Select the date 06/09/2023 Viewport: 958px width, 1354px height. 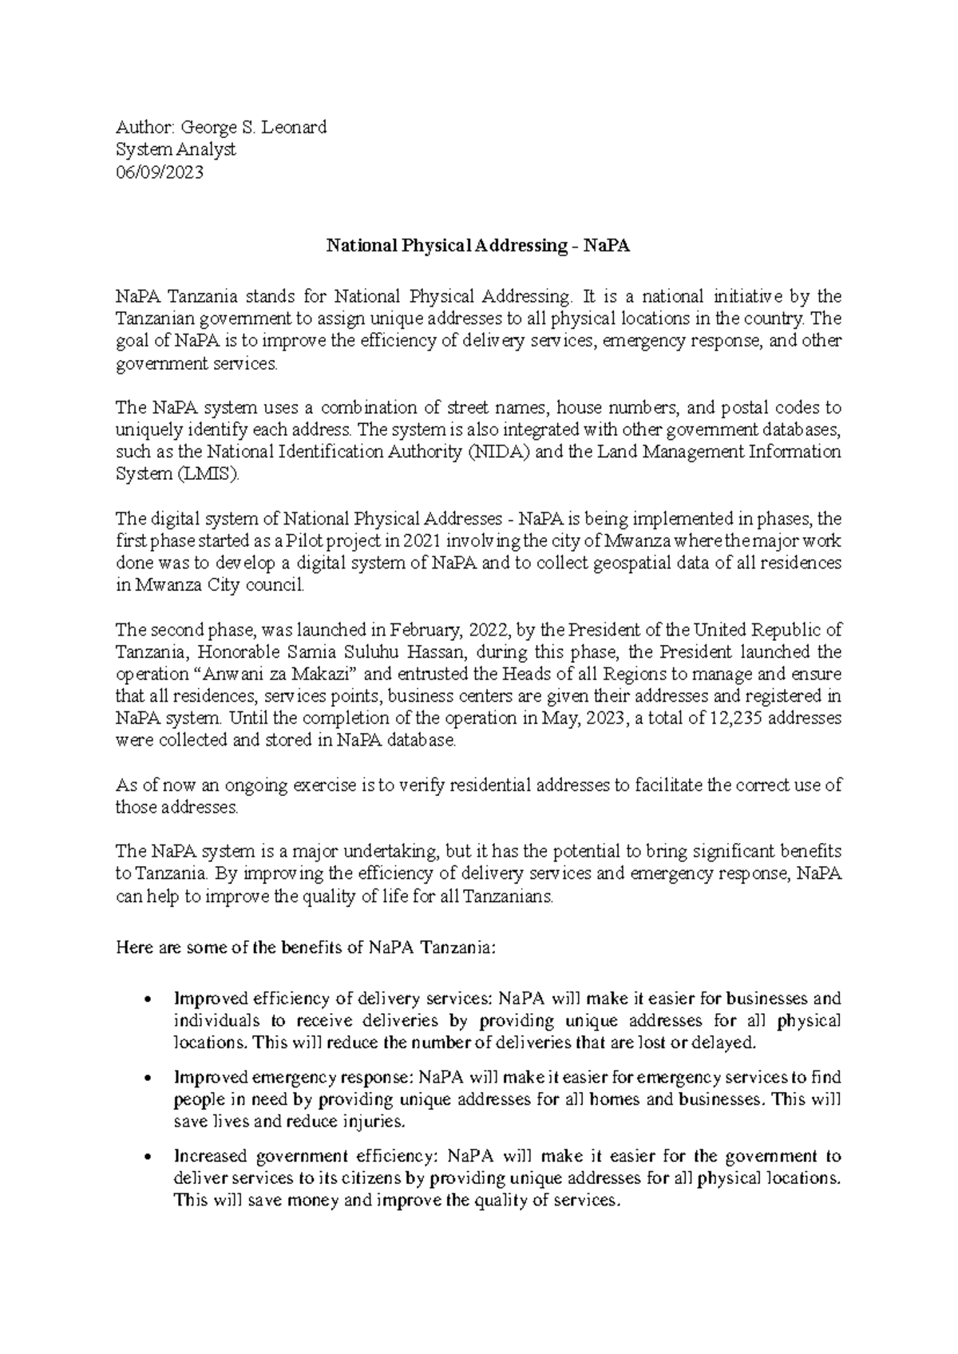(160, 172)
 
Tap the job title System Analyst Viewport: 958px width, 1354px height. (176, 149)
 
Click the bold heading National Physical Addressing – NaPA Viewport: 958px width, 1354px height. (478, 246)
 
